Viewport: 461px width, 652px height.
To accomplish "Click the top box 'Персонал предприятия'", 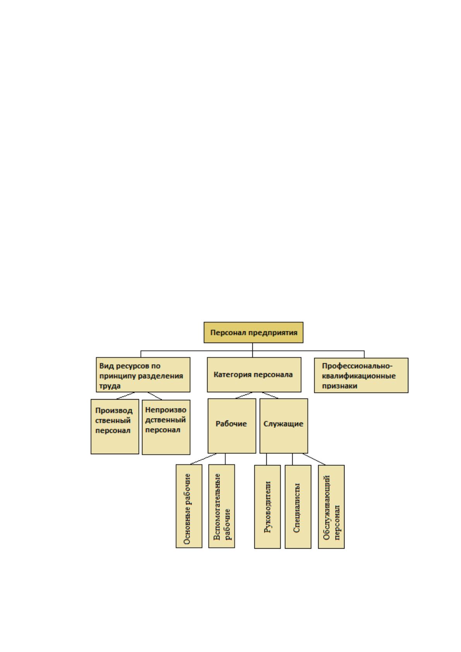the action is click(253, 333).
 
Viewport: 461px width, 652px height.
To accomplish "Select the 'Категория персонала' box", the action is click(254, 375).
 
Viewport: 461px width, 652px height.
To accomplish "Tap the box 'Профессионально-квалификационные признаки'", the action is click(361, 375).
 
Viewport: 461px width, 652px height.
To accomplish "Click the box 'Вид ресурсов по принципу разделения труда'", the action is click(143, 375).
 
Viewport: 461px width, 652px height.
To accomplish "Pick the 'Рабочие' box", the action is click(232, 426).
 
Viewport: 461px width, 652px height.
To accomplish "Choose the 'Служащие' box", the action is click(283, 426).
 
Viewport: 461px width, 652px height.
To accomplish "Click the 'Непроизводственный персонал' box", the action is click(166, 427).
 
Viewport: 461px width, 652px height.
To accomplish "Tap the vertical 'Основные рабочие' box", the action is click(189, 506).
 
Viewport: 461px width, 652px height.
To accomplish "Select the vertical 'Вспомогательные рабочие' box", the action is click(221, 506).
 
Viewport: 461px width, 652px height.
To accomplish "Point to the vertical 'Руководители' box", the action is click(267, 507).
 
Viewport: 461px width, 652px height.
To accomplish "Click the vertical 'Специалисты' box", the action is click(298, 507).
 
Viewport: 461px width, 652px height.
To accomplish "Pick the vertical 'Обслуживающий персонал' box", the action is click(331, 507).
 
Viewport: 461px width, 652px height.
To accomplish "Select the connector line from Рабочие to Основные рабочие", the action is click(203, 459).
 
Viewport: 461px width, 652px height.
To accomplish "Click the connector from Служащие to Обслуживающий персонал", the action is click(314, 459).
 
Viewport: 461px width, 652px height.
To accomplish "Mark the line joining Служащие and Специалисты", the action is click(293, 459).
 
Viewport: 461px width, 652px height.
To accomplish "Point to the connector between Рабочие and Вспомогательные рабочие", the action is click(225, 459).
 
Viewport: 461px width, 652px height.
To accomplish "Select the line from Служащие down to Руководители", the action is click(267, 459).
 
